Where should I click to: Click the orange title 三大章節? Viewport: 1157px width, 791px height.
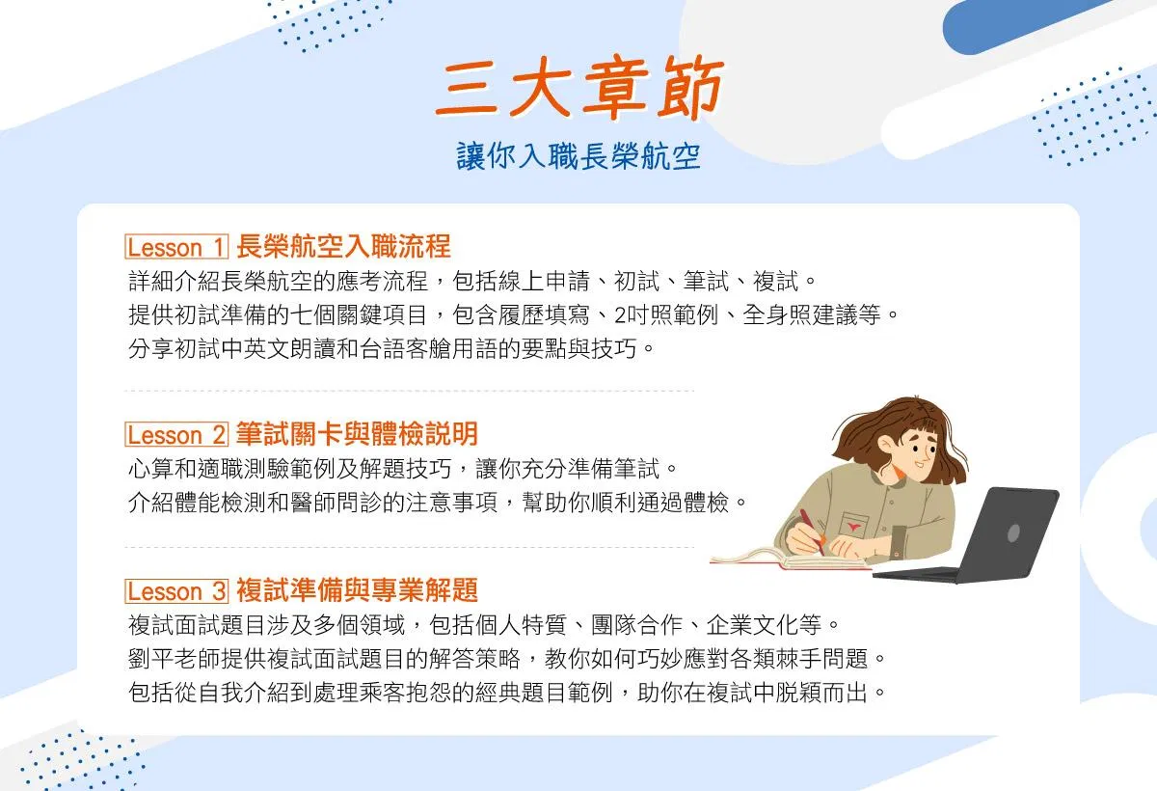(579, 87)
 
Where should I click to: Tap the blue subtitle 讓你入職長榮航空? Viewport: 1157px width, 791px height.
(578, 155)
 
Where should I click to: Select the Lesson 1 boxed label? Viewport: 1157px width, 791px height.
(176, 246)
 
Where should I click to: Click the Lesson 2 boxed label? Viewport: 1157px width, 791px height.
(176, 434)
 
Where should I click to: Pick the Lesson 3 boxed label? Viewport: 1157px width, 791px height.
(176, 590)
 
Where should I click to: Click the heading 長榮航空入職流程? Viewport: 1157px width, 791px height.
(343, 246)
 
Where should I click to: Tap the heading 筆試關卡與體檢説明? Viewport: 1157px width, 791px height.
(357, 433)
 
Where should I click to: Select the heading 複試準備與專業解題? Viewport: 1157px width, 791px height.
(357, 590)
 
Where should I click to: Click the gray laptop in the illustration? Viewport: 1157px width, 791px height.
(971, 534)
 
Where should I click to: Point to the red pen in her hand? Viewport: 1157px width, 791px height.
(812, 532)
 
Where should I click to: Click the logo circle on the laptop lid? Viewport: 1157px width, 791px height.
(1013, 533)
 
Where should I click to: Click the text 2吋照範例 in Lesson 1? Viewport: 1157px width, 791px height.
(666, 314)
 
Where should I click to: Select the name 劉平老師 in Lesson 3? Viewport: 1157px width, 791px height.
(175, 659)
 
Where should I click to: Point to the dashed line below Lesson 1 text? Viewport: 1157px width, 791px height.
(409, 391)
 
